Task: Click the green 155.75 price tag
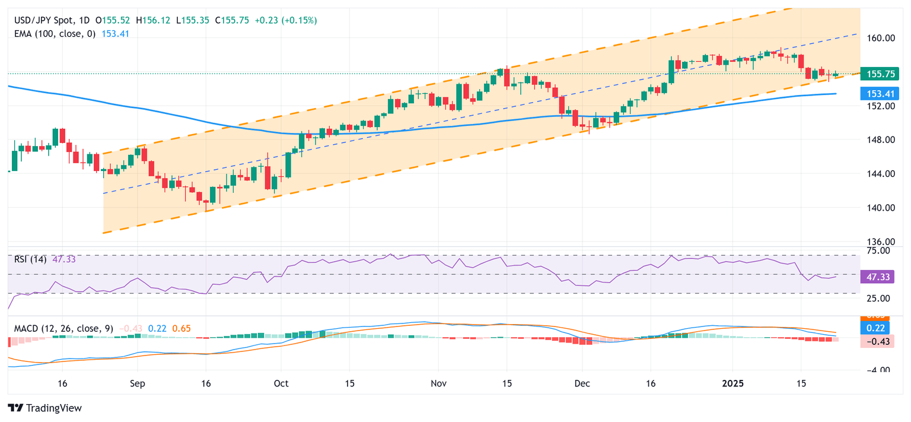[881, 74]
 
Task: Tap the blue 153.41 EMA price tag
[881, 93]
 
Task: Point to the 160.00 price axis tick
[881, 38]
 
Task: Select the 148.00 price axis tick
[881, 140]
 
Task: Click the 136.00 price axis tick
[881, 242]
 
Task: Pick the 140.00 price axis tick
[881, 208]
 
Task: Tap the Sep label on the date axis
[137, 383]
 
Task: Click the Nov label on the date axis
[438, 383]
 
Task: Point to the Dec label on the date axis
[582, 383]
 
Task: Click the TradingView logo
[45, 408]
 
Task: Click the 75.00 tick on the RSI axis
[881, 251]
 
